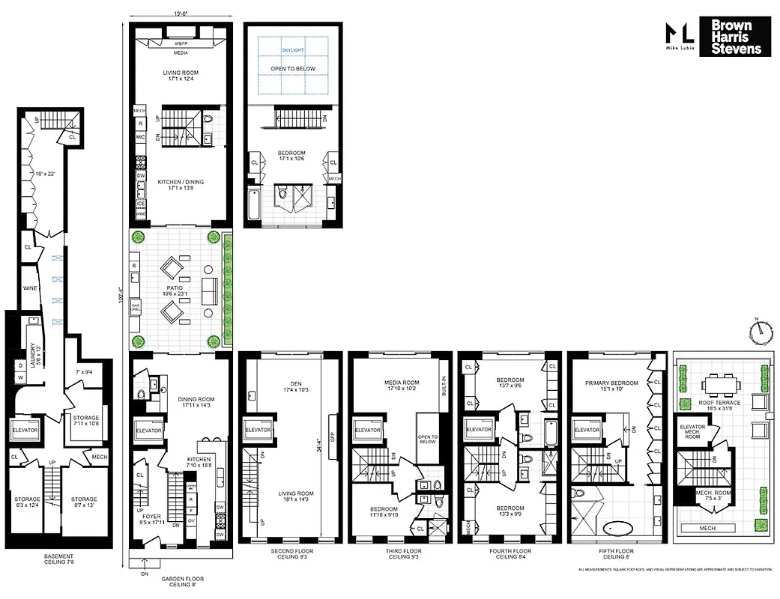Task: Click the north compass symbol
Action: (x=759, y=329)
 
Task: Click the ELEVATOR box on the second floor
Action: (x=257, y=430)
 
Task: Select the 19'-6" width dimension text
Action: (x=181, y=13)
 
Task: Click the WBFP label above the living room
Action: (x=181, y=42)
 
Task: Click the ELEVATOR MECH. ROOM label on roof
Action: (x=692, y=431)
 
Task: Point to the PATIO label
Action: (x=178, y=288)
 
